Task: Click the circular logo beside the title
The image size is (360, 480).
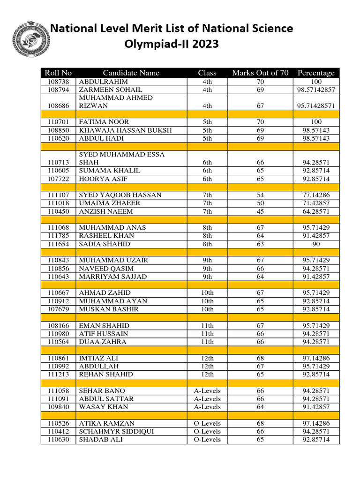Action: click(29, 38)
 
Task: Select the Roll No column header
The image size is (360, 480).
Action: click(58, 73)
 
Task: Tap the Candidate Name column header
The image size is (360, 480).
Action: click(131, 73)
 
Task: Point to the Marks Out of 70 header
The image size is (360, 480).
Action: click(260, 73)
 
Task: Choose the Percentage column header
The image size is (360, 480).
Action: click(316, 73)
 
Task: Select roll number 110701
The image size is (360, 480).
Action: click(59, 122)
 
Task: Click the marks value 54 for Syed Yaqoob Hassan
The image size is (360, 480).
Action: click(260, 195)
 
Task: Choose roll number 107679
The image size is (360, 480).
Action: click(59, 309)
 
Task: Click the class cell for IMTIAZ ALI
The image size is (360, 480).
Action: click(207, 358)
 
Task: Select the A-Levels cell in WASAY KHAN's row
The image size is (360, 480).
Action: click(207, 407)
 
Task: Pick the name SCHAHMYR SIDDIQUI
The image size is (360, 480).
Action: click(116, 431)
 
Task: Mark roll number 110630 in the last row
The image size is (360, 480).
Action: click(59, 440)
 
